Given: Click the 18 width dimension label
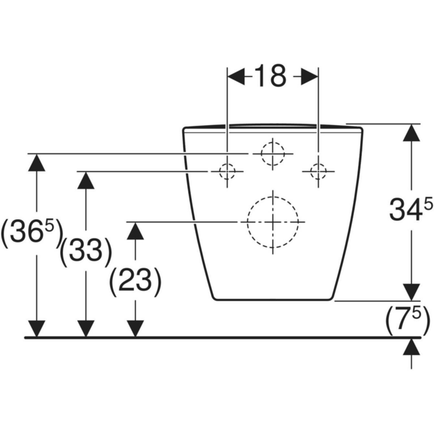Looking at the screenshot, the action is coord(271,75).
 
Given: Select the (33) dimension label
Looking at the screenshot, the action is coord(86,252).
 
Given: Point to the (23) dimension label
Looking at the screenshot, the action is coord(135,282).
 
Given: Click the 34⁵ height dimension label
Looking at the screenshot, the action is coord(411,209).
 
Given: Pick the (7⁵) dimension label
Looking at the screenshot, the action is coord(408,320).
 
